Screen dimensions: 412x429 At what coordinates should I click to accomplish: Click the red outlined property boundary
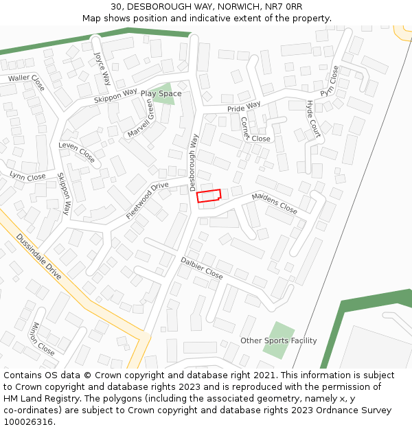(209, 196)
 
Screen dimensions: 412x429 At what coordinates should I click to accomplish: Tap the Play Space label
(161, 93)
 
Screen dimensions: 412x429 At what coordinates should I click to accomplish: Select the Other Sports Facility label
(278, 340)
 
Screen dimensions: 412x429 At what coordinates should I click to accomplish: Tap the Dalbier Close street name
(202, 268)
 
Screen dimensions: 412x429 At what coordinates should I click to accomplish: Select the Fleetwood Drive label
(148, 200)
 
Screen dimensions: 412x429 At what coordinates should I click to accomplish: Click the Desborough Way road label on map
(194, 162)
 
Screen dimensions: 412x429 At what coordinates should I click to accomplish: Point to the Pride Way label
(244, 107)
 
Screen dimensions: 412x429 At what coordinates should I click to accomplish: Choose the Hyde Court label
(313, 119)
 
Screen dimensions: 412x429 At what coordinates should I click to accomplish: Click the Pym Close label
(330, 82)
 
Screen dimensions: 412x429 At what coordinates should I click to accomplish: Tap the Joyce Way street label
(102, 68)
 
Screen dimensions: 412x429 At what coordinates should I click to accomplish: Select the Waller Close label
(26, 82)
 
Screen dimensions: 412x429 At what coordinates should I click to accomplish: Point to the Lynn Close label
(28, 176)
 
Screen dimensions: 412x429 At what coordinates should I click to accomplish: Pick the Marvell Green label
(141, 117)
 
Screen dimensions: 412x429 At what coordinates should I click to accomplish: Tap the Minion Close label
(43, 339)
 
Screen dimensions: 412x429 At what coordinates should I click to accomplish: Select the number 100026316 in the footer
(29, 421)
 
